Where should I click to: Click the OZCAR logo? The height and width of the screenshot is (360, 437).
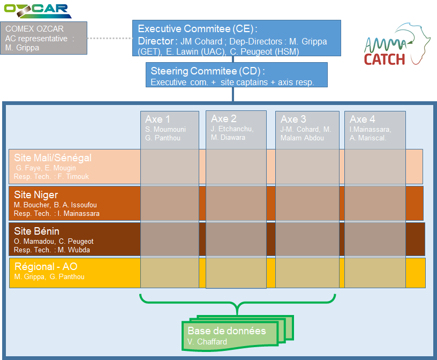pos(37,10)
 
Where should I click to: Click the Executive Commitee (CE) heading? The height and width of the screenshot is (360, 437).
pos(198,29)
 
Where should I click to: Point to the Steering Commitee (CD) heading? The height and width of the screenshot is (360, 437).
pos(208,71)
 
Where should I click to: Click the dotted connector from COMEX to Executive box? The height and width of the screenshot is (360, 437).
pos(109,39)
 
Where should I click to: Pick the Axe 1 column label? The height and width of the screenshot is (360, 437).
pos(158,119)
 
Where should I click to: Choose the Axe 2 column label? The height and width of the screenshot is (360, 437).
pos(224,118)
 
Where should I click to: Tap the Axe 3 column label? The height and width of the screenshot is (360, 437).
pos(293,119)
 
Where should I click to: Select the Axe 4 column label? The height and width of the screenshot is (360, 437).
pos(363,119)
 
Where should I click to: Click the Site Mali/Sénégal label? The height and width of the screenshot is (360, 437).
pos(52,158)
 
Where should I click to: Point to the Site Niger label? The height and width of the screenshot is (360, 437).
pos(35,195)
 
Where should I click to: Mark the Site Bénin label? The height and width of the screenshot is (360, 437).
pos(36,231)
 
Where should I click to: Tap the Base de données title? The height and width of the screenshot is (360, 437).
pos(227,331)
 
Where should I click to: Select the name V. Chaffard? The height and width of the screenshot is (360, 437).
pos(207,342)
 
